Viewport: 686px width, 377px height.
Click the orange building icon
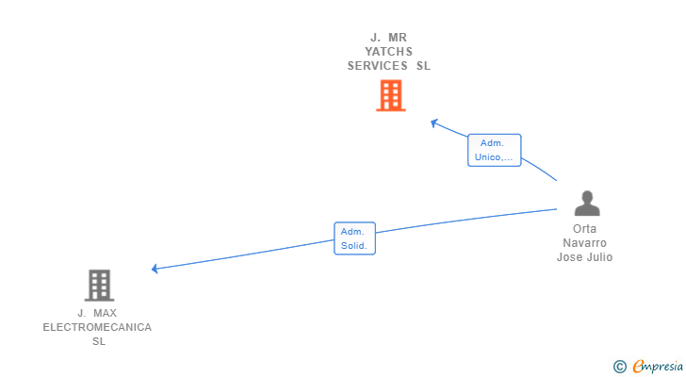391,95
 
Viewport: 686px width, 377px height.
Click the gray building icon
99,286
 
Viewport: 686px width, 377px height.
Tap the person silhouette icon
587,204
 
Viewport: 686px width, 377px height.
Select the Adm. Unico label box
495,150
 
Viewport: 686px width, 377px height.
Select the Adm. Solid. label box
354,238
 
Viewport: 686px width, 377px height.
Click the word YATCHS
388,52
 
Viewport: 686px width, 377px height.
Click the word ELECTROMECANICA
97,327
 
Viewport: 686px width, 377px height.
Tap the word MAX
105,313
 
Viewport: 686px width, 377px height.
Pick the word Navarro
584,243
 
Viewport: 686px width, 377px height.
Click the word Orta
584,229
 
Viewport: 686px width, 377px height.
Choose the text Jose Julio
584,256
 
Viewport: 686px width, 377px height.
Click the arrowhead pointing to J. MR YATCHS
434,123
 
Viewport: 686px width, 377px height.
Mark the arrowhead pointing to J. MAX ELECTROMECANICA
155,269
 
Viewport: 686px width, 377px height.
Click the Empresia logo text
658,366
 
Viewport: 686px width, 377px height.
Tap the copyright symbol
619,367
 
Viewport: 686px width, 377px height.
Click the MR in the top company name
398,38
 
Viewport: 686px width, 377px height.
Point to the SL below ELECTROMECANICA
99,341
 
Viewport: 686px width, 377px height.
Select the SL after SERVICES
423,66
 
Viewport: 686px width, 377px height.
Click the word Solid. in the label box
354,246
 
